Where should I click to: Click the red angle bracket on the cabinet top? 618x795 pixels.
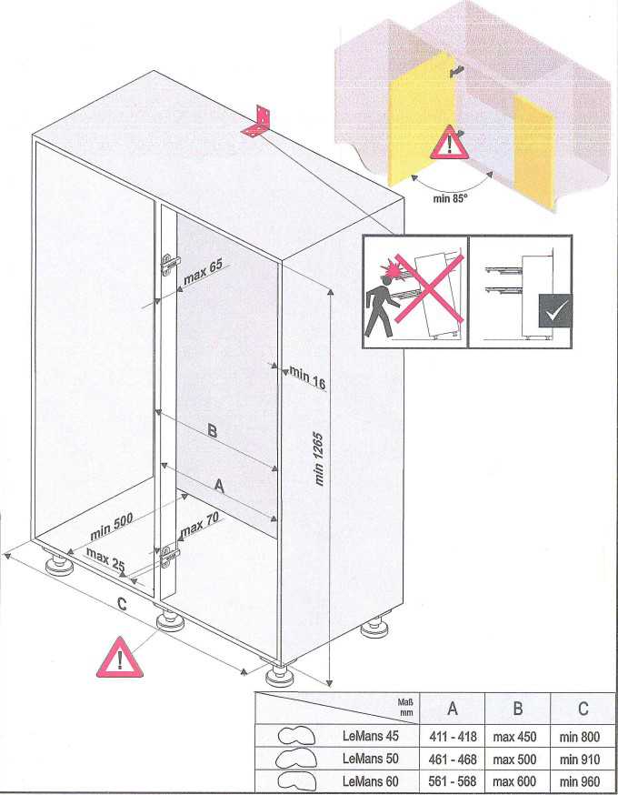pos(257,123)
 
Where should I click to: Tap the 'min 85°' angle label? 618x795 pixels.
pos(450,198)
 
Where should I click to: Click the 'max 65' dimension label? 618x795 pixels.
pos(204,272)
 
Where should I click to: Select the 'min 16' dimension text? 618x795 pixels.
pos(307,377)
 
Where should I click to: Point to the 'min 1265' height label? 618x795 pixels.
pos(319,458)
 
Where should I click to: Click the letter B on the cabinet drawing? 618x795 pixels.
pos(213,431)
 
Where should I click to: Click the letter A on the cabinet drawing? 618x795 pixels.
pos(219,487)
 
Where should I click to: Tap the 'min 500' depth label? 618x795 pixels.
pos(112,527)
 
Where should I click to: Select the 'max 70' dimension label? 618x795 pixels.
pos(200,525)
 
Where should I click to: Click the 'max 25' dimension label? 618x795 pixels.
pos(105,559)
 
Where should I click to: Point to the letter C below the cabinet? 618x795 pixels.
pos(122,604)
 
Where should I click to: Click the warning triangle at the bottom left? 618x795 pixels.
pos(120,659)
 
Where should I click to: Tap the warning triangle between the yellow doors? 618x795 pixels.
pos(447,143)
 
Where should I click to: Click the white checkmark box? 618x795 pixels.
pos(554,310)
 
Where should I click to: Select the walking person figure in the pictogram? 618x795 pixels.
pos(379,312)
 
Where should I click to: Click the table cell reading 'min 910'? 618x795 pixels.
pos(580,760)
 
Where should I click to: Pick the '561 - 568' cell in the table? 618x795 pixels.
pos(453,781)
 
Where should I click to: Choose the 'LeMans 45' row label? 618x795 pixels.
pos(370,736)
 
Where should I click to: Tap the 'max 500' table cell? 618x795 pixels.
pos(514,760)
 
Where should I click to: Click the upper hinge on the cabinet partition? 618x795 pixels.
pos(170,264)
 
